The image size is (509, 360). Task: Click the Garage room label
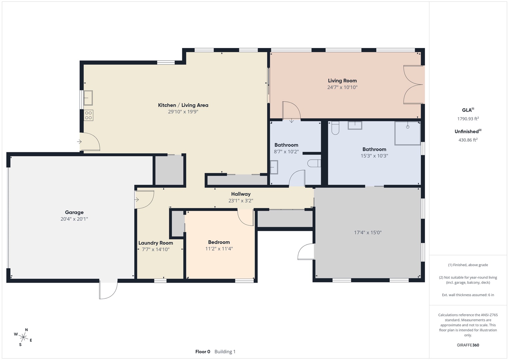point(74,212)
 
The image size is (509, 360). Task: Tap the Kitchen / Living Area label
point(183,105)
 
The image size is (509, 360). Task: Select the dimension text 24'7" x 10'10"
point(342,87)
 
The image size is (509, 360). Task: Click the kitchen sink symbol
point(88,98)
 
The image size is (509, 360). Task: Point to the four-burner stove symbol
point(89,115)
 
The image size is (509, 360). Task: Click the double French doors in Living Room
point(413,84)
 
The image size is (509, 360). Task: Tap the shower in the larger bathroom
point(407,133)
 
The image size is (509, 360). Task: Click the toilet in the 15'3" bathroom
point(335,128)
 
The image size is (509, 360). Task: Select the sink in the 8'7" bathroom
point(274,167)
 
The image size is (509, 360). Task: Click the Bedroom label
point(219,242)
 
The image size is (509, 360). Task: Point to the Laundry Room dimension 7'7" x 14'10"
point(156,249)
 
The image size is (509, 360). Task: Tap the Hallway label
point(241,194)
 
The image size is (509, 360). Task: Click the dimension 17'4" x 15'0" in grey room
point(368,233)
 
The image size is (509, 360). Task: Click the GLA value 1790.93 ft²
point(468,119)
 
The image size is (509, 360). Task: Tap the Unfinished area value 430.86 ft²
point(468,140)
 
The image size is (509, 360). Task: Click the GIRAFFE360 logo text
point(468,345)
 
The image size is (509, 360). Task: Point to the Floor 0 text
point(203,352)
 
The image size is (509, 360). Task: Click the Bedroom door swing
point(246,218)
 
